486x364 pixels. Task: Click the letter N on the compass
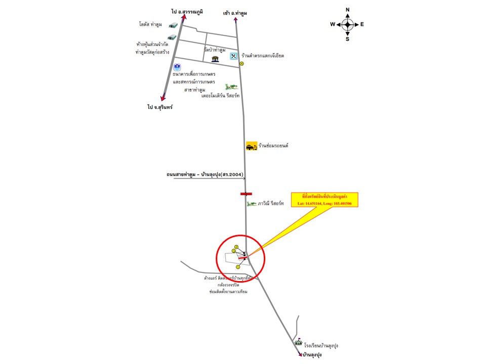(347, 10)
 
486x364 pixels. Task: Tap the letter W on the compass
(332, 24)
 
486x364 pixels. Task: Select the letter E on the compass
(362, 24)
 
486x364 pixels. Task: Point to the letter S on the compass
(347, 39)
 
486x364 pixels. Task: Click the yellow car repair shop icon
(251, 146)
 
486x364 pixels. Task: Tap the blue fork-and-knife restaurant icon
(233, 56)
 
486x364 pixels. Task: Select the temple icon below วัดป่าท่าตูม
(216, 59)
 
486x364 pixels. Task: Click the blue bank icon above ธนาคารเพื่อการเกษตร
(177, 67)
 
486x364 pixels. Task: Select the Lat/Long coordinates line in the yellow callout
(325, 203)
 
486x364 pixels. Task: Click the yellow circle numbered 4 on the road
(241, 64)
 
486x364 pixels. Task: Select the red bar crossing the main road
(246, 194)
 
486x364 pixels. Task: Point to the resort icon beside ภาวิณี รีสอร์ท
(251, 204)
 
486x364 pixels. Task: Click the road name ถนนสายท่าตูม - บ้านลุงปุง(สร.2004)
(205, 174)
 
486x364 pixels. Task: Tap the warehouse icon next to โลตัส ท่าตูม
(174, 24)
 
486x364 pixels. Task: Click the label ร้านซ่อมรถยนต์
(273, 146)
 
